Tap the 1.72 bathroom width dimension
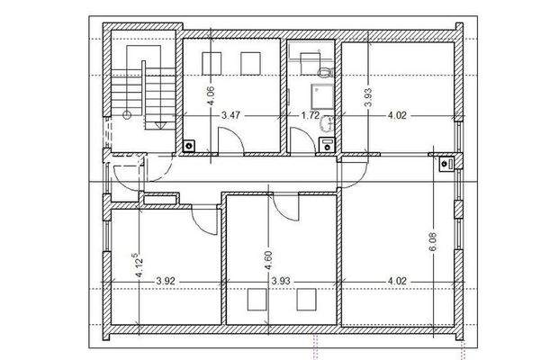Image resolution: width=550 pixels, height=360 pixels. tap(311, 115)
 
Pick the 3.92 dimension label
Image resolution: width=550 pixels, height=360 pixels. tap(166, 281)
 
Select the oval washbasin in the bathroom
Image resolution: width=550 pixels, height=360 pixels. tap(328, 124)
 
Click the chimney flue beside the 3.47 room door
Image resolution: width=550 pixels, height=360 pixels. tap(190, 144)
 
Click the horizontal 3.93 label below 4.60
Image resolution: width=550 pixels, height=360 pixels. tap(283, 281)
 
